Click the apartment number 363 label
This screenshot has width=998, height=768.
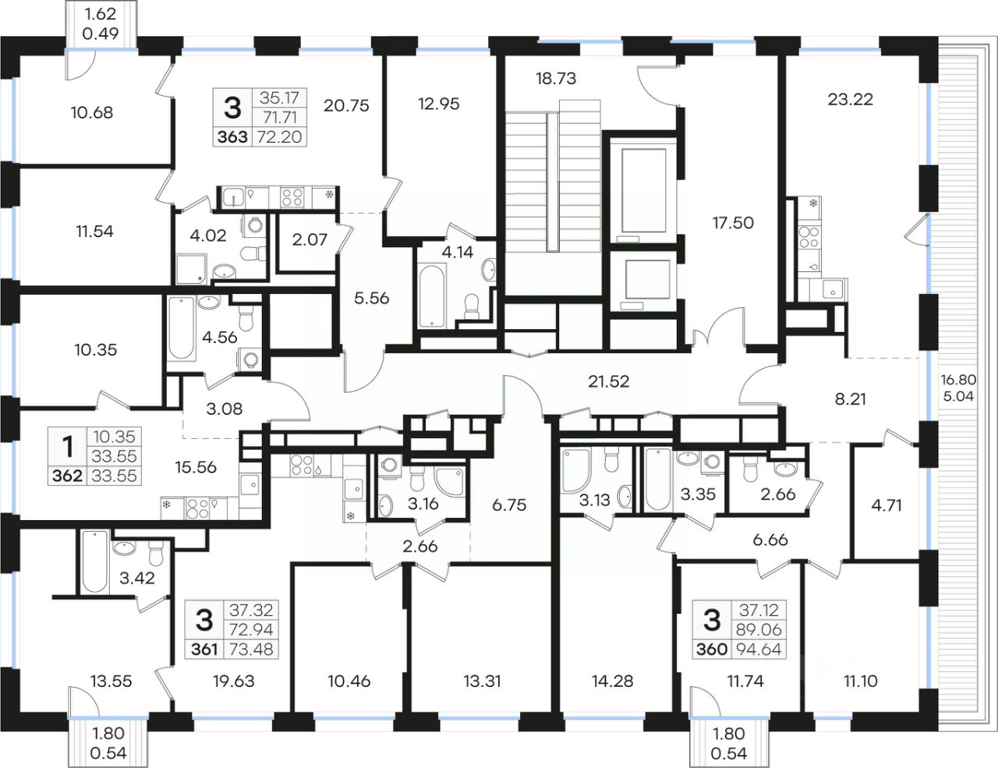coord(232,136)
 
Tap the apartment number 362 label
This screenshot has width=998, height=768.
coord(67,476)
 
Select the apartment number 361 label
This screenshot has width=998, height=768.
coord(204,649)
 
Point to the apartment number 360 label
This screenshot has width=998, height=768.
coord(712,649)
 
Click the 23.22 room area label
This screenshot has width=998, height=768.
coord(850,99)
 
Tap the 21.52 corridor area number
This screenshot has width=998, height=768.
coord(608,381)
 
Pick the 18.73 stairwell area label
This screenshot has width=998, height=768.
coord(556,79)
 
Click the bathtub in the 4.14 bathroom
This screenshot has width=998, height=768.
coord(432,296)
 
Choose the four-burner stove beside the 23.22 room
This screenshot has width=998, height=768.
coord(809,237)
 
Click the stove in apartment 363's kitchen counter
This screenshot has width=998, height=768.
coord(292,197)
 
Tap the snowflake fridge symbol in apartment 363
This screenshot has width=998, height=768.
coord(329,195)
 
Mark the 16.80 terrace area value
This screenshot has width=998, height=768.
coord(958,380)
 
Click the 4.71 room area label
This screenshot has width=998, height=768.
coord(887,505)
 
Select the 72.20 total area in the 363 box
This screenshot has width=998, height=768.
coord(279,136)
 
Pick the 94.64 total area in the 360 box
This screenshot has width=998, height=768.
coord(759,649)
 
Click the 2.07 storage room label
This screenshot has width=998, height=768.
coord(310,239)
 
